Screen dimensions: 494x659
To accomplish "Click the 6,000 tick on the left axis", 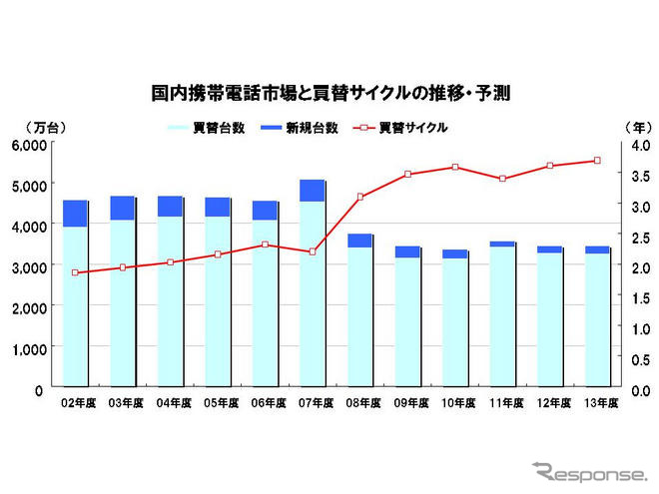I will point(29,145).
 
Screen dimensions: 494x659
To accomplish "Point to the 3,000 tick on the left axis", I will point(29,267).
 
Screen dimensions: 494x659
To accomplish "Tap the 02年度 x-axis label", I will point(76,404).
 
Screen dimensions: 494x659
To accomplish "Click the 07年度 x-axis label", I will point(313,404).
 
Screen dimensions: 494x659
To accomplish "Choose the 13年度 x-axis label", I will point(597,404).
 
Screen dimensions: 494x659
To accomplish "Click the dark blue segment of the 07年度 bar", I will point(313,191).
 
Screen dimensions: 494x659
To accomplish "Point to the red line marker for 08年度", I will point(359,197).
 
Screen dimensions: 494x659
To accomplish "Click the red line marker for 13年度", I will point(597,161).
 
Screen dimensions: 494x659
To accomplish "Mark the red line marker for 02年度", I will point(75,272).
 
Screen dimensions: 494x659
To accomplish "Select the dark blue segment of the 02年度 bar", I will point(75,214).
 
